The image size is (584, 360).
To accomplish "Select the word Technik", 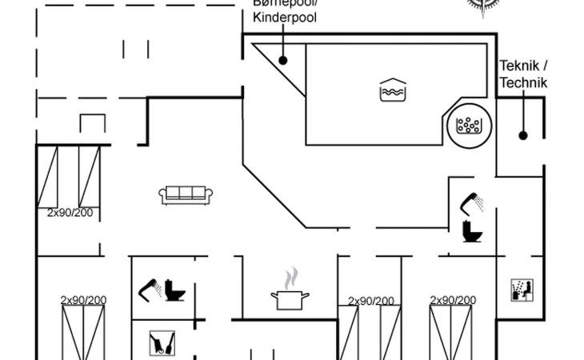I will click(x=522, y=82).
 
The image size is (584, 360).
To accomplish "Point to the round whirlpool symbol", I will click(x=467, y=125).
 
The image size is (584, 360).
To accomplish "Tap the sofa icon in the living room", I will click(x=186, y=194).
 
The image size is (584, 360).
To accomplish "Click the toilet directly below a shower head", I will click(x=472, y=231).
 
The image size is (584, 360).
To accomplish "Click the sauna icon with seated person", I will click(x=521, y=290).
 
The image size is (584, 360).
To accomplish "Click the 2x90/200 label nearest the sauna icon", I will click(x=454, y=301).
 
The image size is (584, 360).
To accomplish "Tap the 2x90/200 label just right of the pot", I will click(x=370, y=302).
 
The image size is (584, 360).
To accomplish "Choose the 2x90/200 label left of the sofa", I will click(x=70, y=213).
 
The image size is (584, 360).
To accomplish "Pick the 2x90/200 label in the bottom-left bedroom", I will click(x=84, y=301).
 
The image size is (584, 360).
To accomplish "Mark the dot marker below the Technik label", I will click(x=522, y=134).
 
